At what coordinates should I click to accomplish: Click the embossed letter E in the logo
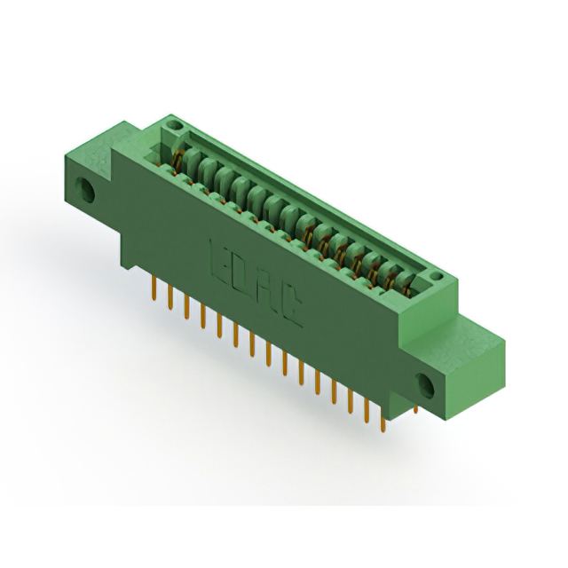[218, 255]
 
